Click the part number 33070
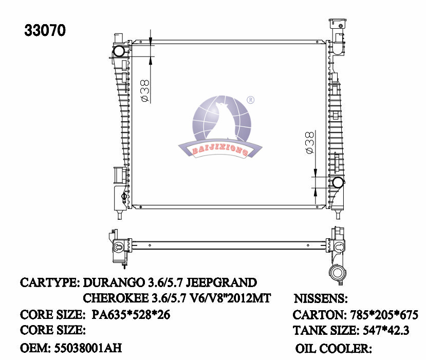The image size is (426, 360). tap(45, 31)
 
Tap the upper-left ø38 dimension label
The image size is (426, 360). tap(145, 91)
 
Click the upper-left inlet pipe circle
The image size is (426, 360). tap(119, 51)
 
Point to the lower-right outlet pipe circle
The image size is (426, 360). tap(338, 182)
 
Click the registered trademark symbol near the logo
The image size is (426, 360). tap(251, 100)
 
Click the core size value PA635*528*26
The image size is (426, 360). tap(131, 314)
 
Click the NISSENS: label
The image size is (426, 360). tap(321, 299)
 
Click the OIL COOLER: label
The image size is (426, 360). tap(334, 349)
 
